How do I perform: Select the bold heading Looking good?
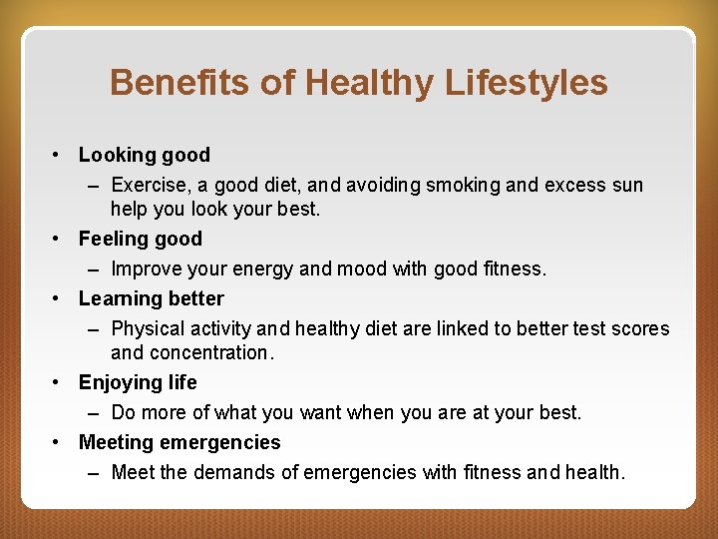[x=145, y=155]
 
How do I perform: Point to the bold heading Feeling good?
[x=141, y=239]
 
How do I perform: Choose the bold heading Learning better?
[x=152, y=298]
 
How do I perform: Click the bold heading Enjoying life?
[x=138, y=382]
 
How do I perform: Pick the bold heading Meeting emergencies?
[x=179, y=442]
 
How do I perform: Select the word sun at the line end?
[x=626, y=185]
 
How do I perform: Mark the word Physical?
[x=148, y=328]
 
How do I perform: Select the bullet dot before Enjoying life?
[x=60, y=382]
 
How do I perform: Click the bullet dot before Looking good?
[x=60, y=155]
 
